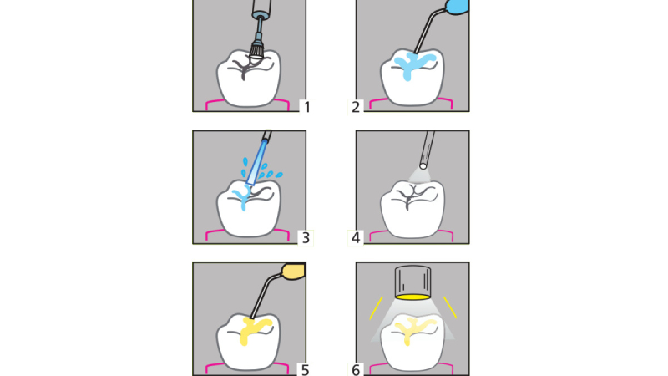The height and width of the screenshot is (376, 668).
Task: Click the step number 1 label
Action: (x=306, y=107)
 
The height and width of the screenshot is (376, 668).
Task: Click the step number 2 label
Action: (x=356, y=107)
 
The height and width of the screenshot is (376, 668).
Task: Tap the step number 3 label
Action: (x=306, y=238)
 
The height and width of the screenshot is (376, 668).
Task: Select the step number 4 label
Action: (x=356, y=238)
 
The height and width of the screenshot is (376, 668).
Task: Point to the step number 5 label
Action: (x=305, y=370)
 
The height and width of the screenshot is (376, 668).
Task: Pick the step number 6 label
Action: (x=356, y=370)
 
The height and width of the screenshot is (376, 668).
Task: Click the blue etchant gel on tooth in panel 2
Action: (x=412, y=64)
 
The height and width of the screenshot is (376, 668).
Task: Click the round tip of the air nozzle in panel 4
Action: (x=423, y=165)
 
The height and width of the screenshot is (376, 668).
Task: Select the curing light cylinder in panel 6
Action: (x=412, y=281)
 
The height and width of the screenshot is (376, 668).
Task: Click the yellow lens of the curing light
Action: (x=412, y=297)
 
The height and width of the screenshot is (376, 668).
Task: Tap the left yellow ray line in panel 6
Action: (x=377, y=307)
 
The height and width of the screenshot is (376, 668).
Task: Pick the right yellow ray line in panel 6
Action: (x=450, y=307)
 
